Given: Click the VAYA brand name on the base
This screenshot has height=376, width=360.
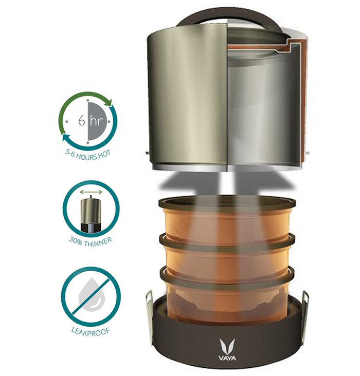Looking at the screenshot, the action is click(x=227, y=358).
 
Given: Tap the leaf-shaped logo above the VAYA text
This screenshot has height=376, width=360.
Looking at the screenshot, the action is click(x=227, y=347).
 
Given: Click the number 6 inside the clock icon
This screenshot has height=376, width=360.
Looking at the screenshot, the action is click(x=82, y=120).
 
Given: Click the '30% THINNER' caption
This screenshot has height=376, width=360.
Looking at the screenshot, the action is click(x=91, y=242).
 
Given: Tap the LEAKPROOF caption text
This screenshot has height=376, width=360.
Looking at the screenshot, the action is click(x=91, y=331).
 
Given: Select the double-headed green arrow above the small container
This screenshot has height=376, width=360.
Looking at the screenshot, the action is click(x=91, y=192).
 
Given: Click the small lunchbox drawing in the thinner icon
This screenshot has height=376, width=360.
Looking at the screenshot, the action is click(x=91, y=215).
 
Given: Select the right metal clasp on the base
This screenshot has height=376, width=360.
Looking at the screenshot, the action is click(x=305, y=312).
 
